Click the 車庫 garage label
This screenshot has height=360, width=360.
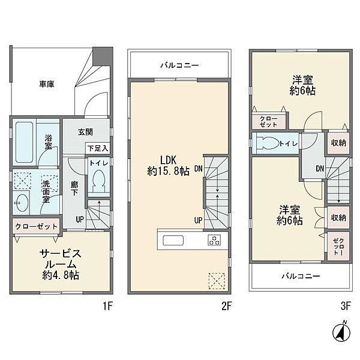tap(47, 84)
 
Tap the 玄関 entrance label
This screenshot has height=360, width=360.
tap(85, 132)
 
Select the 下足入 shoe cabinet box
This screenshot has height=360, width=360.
tap(98, 148)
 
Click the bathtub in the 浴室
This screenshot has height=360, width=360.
tap(24, 142)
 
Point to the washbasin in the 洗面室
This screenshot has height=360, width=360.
tap(21, 203)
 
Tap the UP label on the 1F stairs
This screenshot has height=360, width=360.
tap(80, 220)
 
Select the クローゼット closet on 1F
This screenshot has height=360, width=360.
tap(36, 226)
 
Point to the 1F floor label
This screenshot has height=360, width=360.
tap(107, 306)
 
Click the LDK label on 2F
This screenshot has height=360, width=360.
tap(168, 160)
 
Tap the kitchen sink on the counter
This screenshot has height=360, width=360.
tap(173, 241)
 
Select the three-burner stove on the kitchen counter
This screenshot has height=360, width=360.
tap(214, 240)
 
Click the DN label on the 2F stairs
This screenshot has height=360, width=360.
tap(199, 169)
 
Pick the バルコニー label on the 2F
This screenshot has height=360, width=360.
tap(179, 65)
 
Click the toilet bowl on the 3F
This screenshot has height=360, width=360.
tap(267, 143)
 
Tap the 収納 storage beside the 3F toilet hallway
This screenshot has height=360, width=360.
tap(338, 143)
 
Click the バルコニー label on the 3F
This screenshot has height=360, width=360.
tap(301, 276)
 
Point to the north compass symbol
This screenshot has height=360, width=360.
tap(341, 332)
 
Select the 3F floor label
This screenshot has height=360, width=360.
tap(346, 306)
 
